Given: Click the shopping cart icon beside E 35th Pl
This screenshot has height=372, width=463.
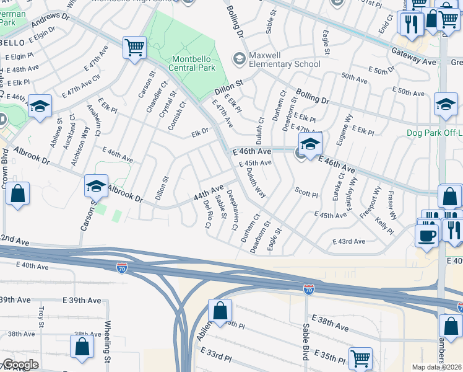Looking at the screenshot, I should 360,358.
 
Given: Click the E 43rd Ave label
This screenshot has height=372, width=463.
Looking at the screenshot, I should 349,241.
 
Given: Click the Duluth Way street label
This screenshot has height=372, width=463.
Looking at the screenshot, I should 257,184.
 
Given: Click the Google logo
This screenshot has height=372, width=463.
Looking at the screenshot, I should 20,365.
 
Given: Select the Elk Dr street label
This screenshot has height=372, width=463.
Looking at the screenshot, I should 199,132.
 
